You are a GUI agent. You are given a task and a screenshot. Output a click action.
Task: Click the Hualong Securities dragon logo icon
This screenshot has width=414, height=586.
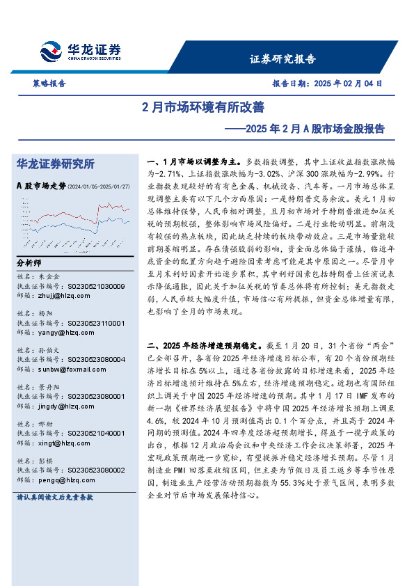51,52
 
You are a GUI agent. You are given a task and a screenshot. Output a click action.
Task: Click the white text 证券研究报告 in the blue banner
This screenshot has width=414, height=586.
282,59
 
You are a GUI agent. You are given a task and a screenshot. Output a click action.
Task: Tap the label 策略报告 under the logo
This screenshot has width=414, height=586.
49,83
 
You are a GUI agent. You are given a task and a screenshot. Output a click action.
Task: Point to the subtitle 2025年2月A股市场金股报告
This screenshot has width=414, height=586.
305,129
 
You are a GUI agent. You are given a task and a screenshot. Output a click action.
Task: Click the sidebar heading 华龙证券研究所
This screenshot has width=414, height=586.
56,164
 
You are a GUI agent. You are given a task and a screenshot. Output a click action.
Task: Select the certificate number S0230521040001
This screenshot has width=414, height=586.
96,432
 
